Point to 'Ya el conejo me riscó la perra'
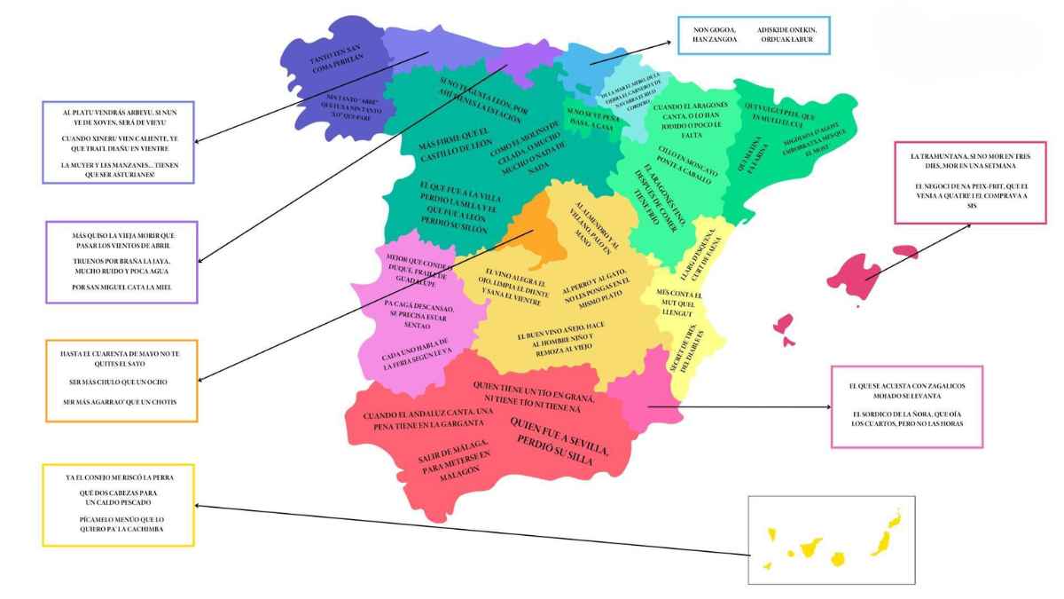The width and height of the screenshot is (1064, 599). pos(119,477)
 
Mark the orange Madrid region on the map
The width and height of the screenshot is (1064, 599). pos(536,233)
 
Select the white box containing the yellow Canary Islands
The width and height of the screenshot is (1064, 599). pos(830,540)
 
